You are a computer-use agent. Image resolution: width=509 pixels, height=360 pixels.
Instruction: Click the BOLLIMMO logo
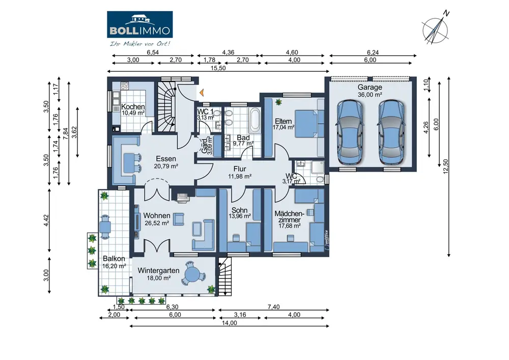coord(139,25)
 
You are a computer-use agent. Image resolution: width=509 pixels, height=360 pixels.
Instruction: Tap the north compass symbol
coord(436,30)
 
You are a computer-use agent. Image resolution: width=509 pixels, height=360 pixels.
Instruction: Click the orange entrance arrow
coord(202,93)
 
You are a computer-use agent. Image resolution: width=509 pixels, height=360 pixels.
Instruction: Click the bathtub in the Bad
coord(254,120)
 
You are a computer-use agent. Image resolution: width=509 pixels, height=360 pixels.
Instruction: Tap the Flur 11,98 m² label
coord(240,173)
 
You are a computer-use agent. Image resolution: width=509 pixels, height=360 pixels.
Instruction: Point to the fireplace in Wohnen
coord(183,197)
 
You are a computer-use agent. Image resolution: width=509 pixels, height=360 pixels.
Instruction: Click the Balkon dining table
coord(105,226)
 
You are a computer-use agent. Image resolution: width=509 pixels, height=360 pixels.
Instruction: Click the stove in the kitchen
coord(125,86)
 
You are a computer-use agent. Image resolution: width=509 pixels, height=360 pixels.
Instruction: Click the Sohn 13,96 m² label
coord(240,213)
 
